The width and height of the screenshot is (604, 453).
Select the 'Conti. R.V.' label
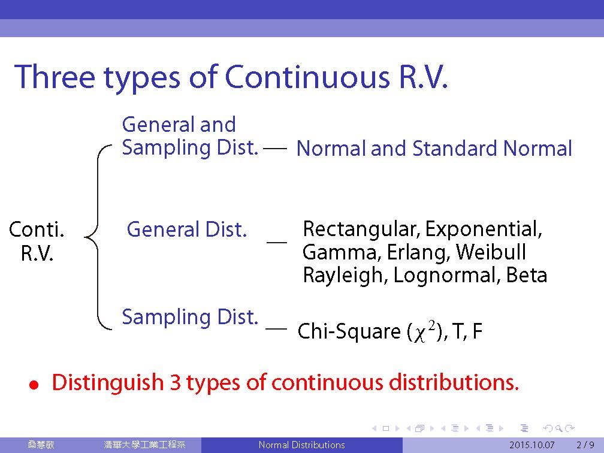[36, 241]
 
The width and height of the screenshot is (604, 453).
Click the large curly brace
[98, 237]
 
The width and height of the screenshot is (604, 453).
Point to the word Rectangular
[361, 229]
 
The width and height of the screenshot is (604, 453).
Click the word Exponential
[484, 229]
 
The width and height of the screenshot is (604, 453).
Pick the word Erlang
[417, 253]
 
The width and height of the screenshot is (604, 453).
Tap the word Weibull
[491, 252]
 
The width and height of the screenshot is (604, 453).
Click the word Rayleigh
[344, 276]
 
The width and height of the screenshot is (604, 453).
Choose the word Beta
[526, 275]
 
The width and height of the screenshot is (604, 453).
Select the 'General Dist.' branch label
[186, 229]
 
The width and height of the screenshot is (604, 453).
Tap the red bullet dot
[34, 385]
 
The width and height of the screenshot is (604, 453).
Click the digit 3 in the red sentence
[175, 383]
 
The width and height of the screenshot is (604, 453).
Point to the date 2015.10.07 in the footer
[532, 445]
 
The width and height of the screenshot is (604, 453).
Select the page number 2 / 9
[585, 445]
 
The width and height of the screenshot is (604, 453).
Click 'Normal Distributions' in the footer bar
[301, 445]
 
